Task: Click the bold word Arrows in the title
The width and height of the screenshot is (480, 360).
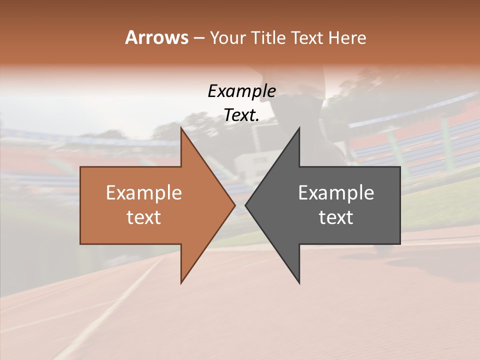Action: [156, 37]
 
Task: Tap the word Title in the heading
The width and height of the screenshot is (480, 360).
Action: [270, 38]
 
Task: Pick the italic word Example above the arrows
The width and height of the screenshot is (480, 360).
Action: [241, 91]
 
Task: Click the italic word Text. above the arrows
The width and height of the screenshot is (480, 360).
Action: [241, 115]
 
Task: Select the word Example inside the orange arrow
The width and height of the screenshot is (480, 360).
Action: [144, 193]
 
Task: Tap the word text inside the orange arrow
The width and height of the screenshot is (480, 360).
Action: [144, 217]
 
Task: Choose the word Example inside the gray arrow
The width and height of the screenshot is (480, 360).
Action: [336, 193]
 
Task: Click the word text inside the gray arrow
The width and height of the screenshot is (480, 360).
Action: [336, 217]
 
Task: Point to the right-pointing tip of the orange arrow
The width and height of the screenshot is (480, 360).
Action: [234, 205]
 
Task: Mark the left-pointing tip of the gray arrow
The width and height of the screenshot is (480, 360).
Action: [246, 205]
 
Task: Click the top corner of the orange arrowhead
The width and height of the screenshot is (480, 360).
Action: [181, 127]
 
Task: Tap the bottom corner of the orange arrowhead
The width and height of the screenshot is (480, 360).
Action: [181, 282]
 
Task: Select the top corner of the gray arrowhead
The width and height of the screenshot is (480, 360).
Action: [299, 128]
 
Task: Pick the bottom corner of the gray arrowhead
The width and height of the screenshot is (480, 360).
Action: [299, 283]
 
